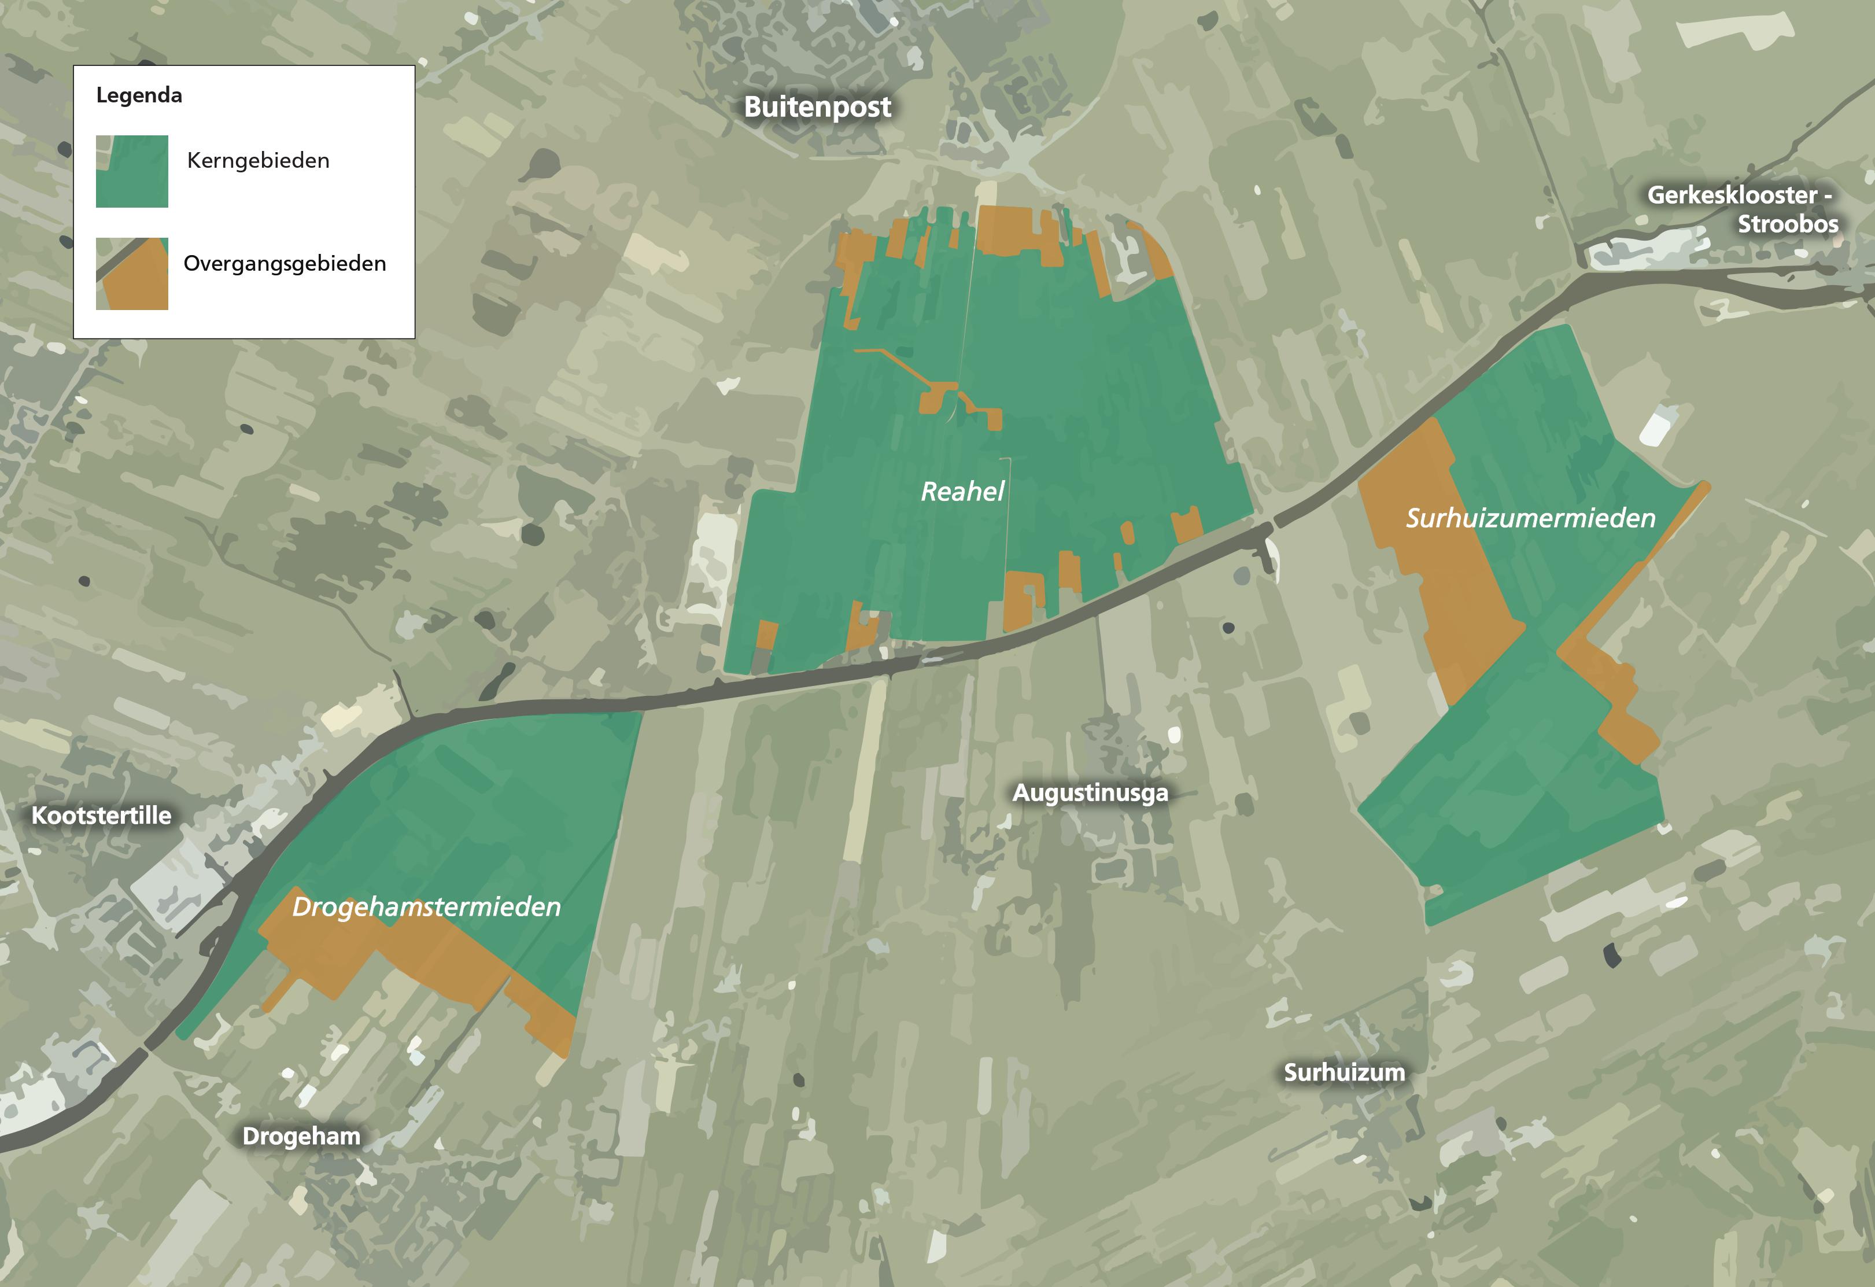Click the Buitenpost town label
point(817,106)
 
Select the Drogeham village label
point(301,1136)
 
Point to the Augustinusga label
point(1090,792)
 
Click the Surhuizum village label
point(1344,1072)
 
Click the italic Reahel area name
point(962,492)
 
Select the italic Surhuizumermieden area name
point(1530,518)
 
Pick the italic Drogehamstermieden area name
point(426,907)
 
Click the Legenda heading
point(139,95)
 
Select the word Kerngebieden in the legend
point(258,161)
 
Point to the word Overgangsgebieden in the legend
point(285,263)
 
